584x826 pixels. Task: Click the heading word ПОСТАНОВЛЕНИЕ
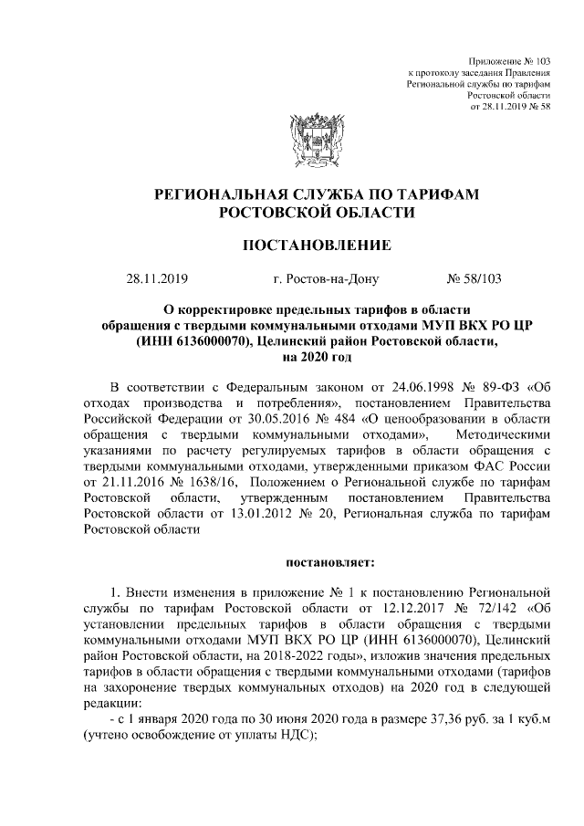[x=316, y=246]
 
